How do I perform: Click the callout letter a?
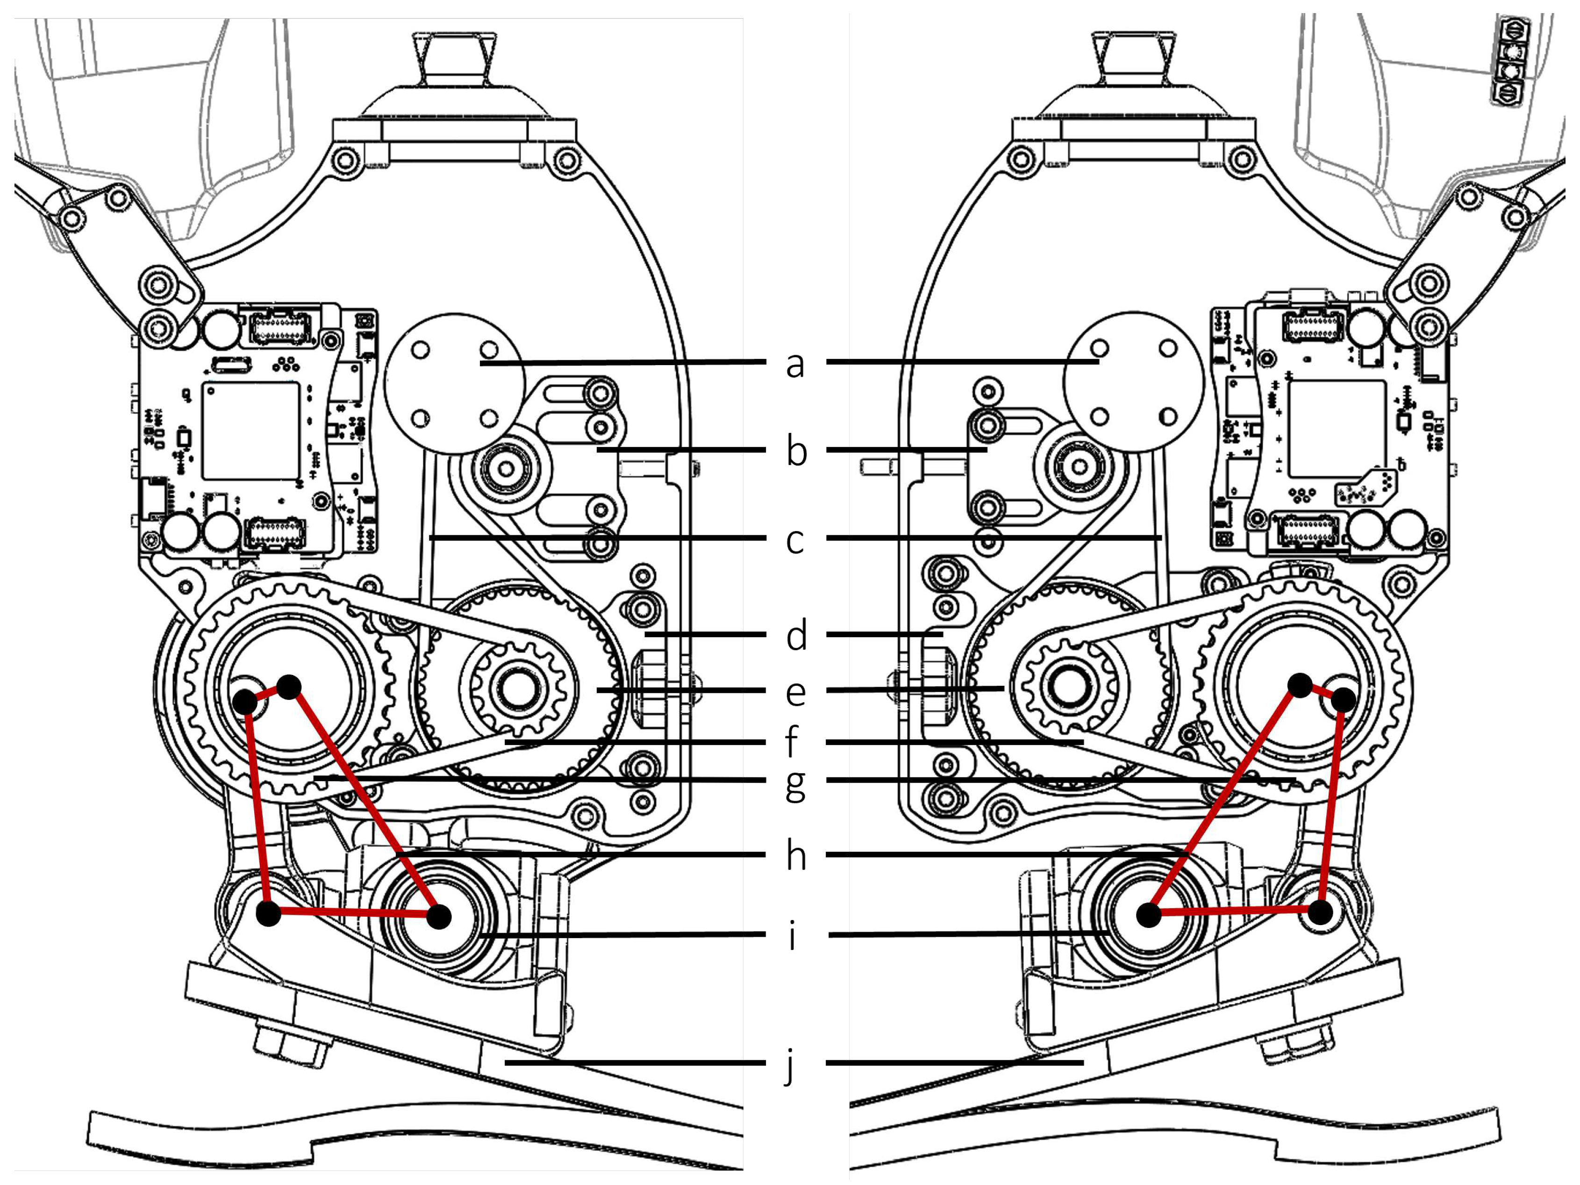point(795,364)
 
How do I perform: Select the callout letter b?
point(796,452)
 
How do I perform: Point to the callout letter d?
point(796,635)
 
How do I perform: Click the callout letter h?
point(796,855)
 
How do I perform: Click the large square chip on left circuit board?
point(250,430)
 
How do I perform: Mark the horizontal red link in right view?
point(1234,912)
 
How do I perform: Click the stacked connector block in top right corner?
point(1511,61)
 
